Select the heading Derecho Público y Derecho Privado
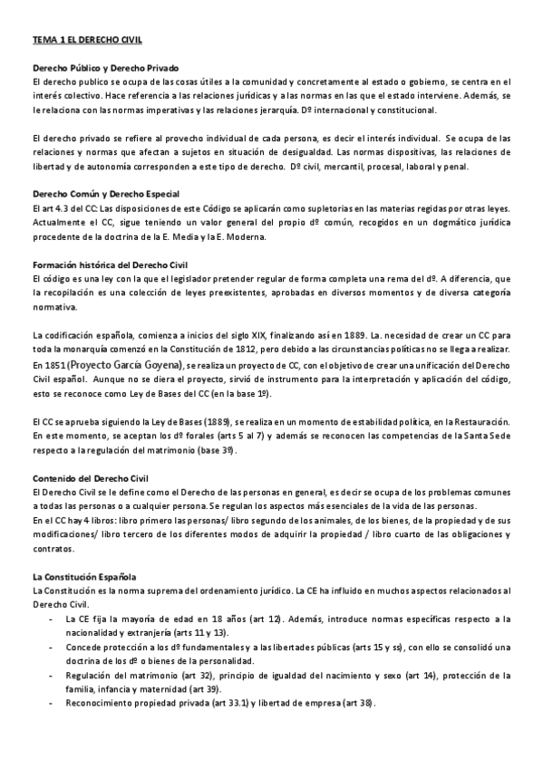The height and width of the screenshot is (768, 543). point(106,69)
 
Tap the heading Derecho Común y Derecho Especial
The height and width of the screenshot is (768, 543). point(106,194)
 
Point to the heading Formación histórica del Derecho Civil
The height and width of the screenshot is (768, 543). point(112,264)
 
